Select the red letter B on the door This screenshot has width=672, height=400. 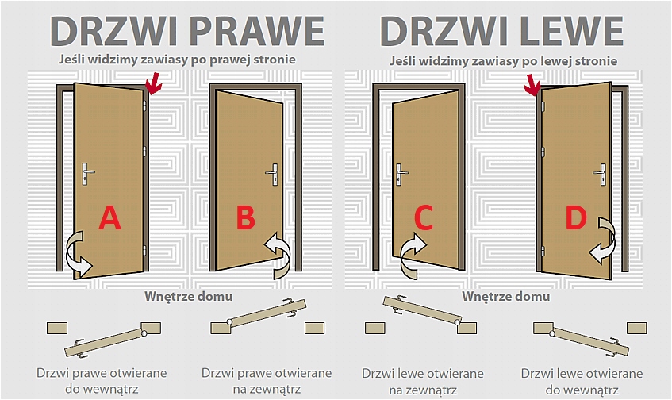point(246,217)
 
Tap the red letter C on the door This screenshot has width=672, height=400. point(424,217)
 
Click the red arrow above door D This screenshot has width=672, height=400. point(533,86)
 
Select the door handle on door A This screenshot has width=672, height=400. point(88,171)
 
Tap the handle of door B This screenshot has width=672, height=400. point(274,172)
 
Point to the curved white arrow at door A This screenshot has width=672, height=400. point(78,254)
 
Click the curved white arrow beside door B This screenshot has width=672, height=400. point(279,253)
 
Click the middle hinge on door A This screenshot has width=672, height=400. point(145,151)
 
